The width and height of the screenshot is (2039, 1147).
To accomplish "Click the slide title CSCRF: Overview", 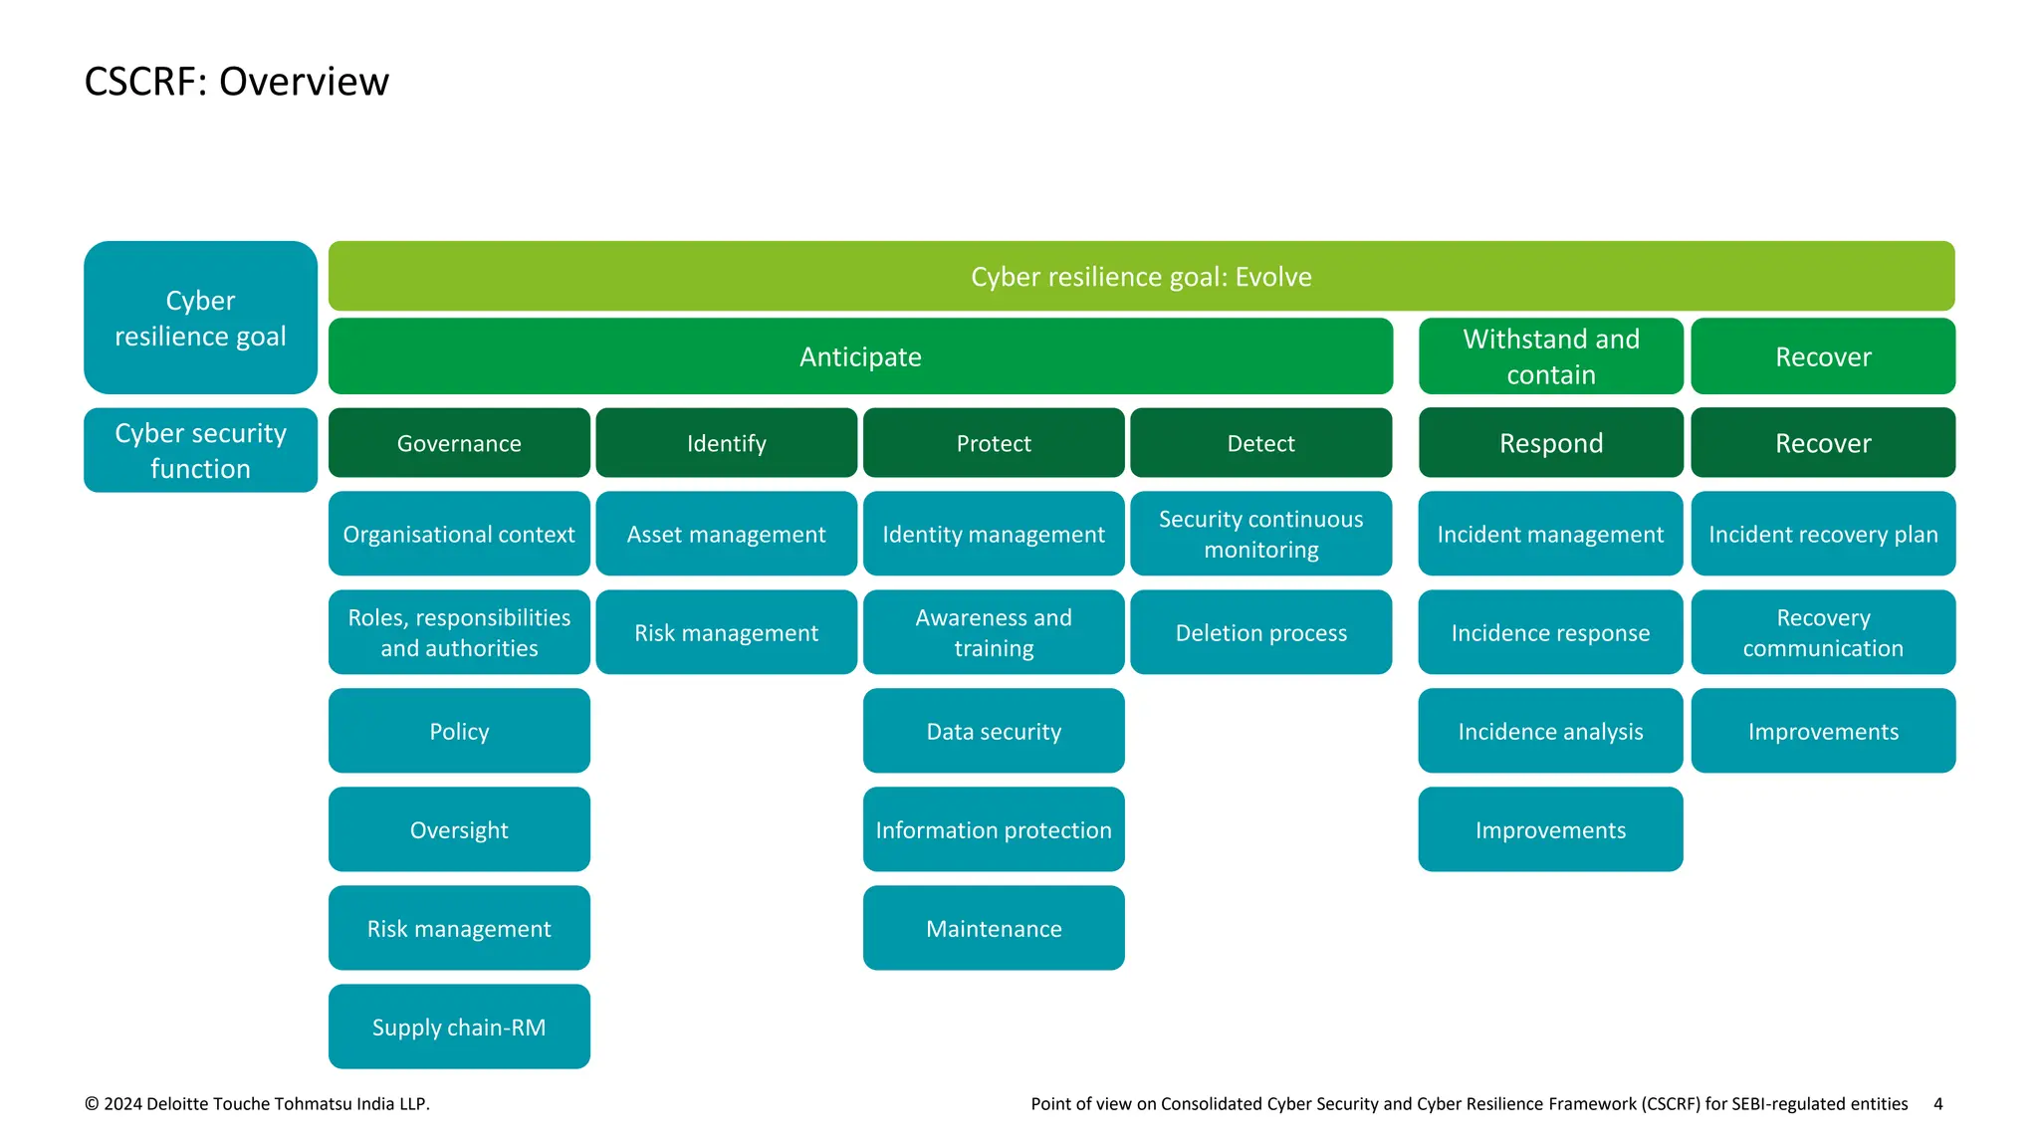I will [237, 82].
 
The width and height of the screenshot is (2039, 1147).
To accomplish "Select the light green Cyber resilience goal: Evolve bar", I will [1141, 277].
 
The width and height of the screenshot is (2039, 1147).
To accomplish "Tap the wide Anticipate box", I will [860, 356].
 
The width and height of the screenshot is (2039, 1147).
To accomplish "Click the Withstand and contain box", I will [1550, 356].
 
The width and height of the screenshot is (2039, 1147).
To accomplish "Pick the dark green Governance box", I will [459, 443].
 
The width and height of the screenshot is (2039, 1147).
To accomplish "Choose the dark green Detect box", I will [1260, 443].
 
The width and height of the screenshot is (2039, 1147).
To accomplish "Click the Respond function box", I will [1550, 443].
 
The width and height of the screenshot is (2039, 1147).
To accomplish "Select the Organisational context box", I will [459, 534].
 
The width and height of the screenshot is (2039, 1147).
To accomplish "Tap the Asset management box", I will [726, 534].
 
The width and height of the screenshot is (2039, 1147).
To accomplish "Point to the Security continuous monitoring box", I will [1260, 534].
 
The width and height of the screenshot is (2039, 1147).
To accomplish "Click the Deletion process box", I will [1260, 632].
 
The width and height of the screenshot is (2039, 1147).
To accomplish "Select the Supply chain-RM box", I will [459, 1027].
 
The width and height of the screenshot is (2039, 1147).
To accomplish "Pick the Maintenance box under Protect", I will [994, 928].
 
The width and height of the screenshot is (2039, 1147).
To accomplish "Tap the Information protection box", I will [994, 829].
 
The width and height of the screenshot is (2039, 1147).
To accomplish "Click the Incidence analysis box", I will [1550, 731].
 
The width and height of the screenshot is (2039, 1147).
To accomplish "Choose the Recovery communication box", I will [1823, 632].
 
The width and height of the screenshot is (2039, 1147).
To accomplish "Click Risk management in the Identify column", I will [726, 632].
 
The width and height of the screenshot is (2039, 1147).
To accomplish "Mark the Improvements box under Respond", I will [1550, 829].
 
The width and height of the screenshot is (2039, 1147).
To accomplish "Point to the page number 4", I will [1937, 1103].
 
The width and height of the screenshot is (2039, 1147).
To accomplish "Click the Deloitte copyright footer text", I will [257, 1103].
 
